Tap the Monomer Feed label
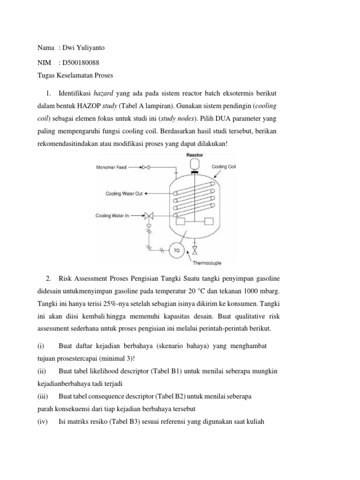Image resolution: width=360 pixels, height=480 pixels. (113, 166)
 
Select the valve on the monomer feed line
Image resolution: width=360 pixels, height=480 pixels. (147, 166)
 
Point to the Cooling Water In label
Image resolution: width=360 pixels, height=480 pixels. (112, 216)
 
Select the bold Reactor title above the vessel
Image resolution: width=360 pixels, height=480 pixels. (195, 154)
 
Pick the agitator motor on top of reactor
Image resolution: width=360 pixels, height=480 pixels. (195, 165)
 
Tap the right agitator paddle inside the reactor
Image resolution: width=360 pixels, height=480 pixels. (209, 221)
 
